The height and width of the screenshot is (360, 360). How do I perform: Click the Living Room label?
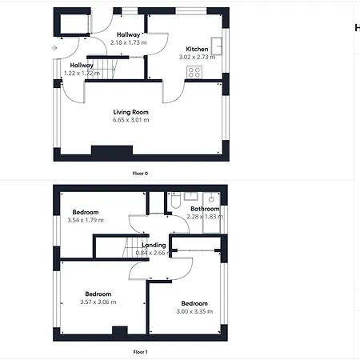[130, 112]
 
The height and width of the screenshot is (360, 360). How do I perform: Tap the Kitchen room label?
[197, 49]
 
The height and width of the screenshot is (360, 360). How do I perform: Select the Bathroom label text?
[204, 208]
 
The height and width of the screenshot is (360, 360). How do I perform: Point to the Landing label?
[154, 245]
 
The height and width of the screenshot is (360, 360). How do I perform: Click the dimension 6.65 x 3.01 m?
[130, 120]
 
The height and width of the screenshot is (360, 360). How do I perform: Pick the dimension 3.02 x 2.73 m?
[197, 57]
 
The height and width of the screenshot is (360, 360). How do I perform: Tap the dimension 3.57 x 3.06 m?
[98, 302]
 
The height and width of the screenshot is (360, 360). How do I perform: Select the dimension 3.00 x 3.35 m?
[194, 312]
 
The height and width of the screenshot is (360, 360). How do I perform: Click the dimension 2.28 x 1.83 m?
[204, 216]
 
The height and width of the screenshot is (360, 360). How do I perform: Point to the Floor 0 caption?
[140, 173]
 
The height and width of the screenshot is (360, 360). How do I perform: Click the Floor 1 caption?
[140, 351]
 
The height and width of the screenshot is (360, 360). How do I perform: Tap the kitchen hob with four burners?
[194, 71]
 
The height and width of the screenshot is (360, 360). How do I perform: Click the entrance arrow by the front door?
[54, 49]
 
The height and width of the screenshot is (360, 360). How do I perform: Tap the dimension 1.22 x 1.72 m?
[82, 74]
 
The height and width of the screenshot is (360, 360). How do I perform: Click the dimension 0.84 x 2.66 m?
[154, 253]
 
